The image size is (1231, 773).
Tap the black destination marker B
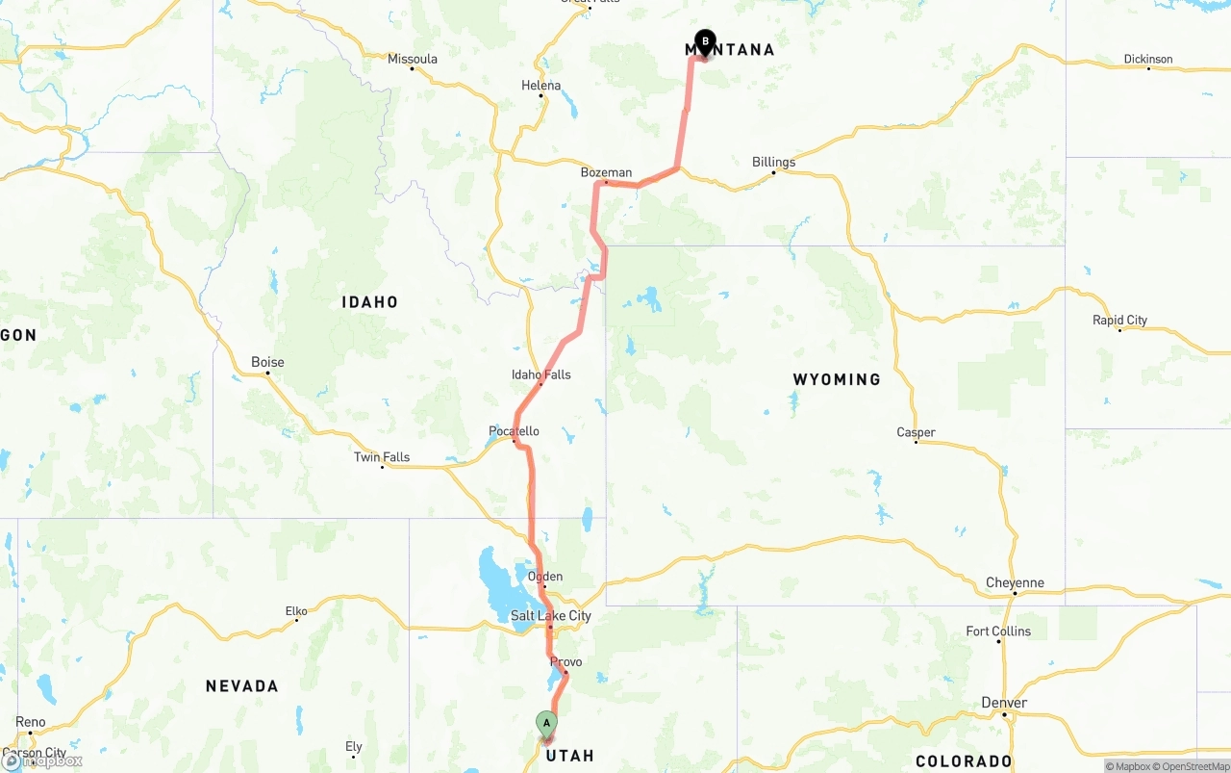705,41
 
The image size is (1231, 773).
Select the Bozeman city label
606,173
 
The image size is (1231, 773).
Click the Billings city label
773,162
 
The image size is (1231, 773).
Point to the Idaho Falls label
540,374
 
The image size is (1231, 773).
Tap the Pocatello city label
514,431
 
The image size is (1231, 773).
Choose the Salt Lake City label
550,616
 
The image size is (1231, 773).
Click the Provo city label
565,662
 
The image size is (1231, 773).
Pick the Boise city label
267,363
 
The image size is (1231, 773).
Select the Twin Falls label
382,457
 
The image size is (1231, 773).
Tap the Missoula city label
412,59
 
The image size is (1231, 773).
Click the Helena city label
540,86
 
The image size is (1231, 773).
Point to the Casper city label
916,432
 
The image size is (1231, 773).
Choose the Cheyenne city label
1015,582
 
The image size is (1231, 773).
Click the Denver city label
1004,703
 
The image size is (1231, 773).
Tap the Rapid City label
1119,321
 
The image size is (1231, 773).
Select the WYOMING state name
837,379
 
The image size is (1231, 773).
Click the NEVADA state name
241,686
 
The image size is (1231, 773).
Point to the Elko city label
296,610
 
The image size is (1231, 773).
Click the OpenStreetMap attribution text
1194,766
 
